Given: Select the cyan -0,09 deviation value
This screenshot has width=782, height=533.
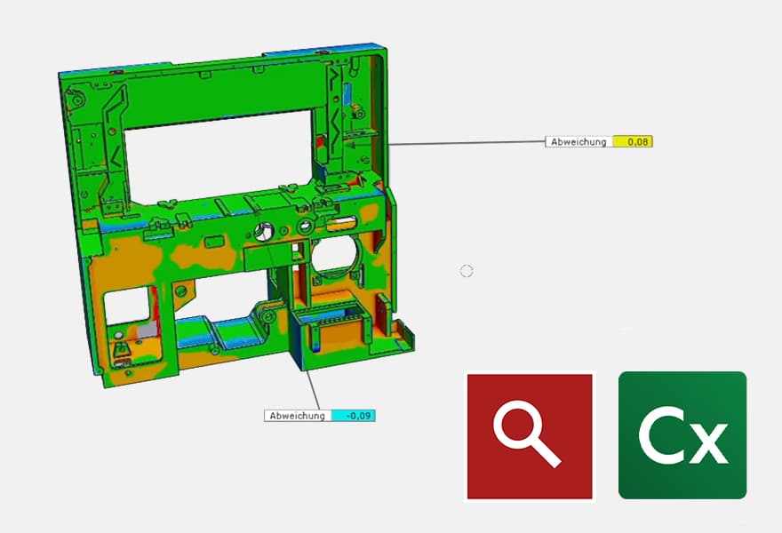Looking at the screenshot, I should tap(357, 415).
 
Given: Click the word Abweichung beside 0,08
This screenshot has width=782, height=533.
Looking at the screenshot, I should tap(579, 141).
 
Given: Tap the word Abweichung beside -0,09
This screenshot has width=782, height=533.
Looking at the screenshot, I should tap(298, 415).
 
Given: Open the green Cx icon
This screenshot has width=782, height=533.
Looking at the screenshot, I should tap(682, 435).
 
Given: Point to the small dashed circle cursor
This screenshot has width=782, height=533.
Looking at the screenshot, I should tap(467, 271).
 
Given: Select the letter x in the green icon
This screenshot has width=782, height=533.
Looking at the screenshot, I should tap(708, 442).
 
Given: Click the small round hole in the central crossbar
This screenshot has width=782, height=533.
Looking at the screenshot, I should tap(264, 233).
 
